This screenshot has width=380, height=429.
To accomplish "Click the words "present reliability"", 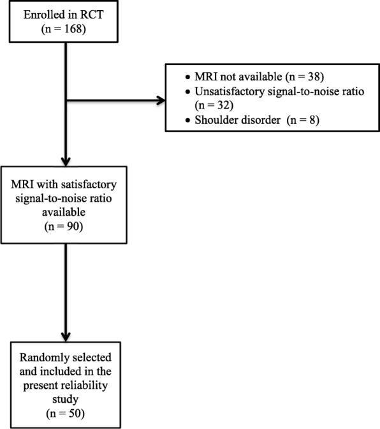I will [68, 387].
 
